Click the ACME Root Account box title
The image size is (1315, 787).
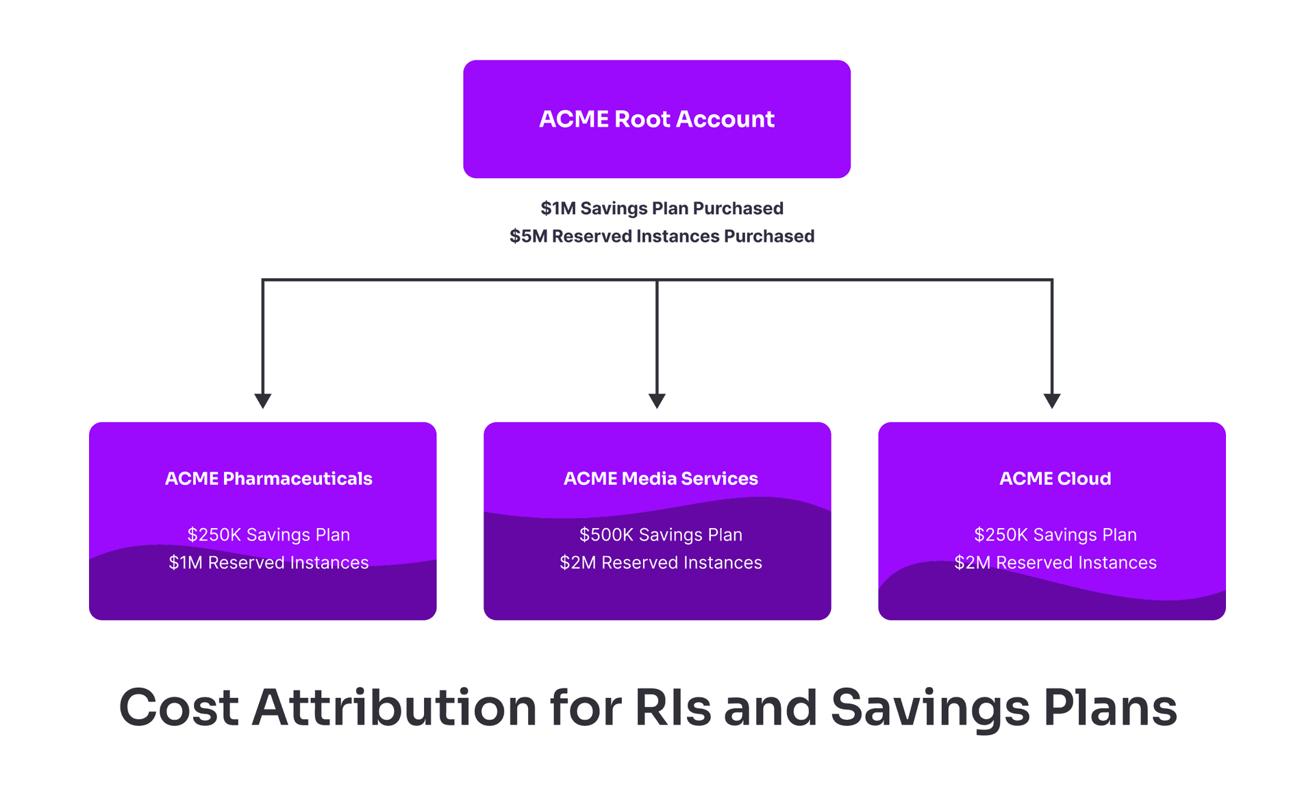pos(656,119)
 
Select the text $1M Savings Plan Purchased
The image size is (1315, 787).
pos(662,208)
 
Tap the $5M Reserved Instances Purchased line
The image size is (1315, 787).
pos(662,236)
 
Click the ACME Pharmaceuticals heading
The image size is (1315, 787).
pos(268,478)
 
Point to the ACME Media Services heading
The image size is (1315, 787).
pos(660,478)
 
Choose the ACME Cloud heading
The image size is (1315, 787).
pos(1055,478)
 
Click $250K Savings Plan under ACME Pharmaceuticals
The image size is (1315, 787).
pos(268,534)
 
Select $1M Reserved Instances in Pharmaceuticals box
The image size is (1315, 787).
pos(268,562)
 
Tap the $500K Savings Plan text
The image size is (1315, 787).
pos(660,534)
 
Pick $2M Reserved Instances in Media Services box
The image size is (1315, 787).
pos(660,562)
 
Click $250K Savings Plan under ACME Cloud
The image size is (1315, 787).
pos(1055,534)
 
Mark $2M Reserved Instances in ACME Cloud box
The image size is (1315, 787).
pos(1055,562)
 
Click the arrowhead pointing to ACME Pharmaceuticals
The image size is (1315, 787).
pos(263,401)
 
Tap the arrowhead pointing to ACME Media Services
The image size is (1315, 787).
pos(657,401)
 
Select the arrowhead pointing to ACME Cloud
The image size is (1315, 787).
pos(1052,401)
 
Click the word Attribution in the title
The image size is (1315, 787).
pos(394,708)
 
